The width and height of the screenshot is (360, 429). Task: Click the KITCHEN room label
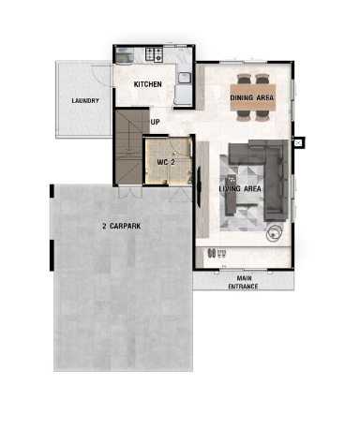pos(148,84)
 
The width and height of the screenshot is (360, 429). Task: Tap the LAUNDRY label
pos(85,101)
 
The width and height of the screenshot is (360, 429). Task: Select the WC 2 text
pos(166,162)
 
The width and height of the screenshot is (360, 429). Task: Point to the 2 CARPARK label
pos(122,226)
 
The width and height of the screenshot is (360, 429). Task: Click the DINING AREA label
pos(252,97)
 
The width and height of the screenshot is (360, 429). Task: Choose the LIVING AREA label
pos(240,188)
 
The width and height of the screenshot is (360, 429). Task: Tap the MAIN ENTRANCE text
pos(243,282)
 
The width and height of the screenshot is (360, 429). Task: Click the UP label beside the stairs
pos(155,122)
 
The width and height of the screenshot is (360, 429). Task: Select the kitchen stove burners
pos(154,54)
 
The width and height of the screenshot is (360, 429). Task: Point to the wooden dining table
pos(253,97)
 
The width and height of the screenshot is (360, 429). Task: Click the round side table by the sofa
pos(274,233)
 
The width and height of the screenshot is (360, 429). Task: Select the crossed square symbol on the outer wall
pos(298,142)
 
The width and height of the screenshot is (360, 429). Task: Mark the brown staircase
pos(130,146)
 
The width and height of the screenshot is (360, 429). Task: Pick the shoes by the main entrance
pos(217,253)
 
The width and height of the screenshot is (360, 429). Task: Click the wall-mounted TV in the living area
pos(199,187)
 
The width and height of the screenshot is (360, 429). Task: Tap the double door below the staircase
pos(130,191)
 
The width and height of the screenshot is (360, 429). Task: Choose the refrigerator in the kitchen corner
pos(124,55)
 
